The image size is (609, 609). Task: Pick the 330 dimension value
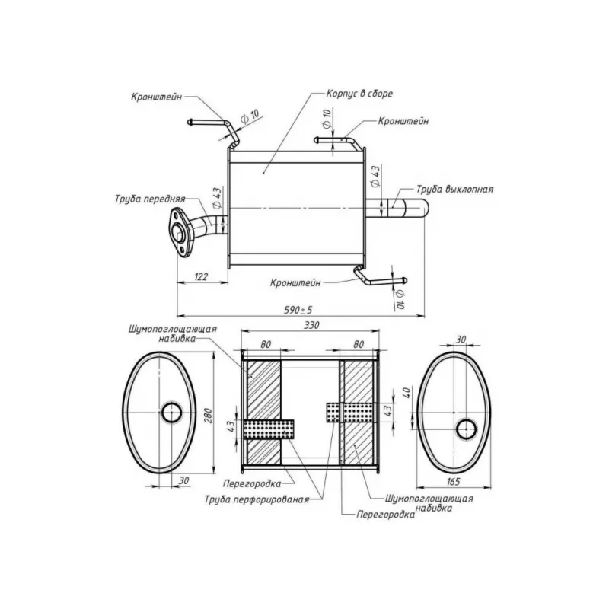(x=311, y=325)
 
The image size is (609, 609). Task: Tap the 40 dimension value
(x=405, y=395)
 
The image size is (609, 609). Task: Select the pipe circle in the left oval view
(x=171, y=413)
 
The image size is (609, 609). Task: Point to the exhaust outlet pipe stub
(x=403, y=207)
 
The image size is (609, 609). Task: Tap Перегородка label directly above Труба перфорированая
(x=253, y=483)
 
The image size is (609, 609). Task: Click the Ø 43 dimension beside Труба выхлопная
(x=376, y=178)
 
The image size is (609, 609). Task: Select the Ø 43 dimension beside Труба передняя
(x=217, y=199)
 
